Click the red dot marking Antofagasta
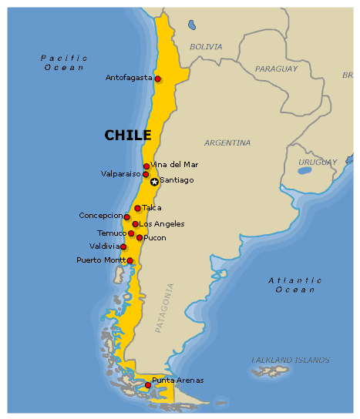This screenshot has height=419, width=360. point(157,79)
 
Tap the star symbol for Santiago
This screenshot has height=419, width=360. point(154,182)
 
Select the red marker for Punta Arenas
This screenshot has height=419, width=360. point(148,385)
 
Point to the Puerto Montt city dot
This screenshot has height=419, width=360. point(130,260)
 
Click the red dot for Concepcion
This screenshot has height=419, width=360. point(127,217)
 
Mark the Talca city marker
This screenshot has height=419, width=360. point(137,208)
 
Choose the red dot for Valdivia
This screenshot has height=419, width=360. point(123,246)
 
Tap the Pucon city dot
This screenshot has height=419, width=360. point(140,237)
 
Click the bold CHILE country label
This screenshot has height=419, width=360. point(128,136)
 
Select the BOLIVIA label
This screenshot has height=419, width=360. point(206,47)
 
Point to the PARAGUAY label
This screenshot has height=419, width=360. point(276,69)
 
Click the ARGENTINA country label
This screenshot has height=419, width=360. point(227,142)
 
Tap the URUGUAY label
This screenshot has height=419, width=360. point(318,162)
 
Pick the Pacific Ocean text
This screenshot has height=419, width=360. point(63,62)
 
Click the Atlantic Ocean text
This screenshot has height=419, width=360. point(295,285)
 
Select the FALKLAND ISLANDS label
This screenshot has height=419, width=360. point(291,360)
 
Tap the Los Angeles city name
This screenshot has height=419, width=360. point(162,224)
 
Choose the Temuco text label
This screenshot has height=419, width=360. point(112,233)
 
